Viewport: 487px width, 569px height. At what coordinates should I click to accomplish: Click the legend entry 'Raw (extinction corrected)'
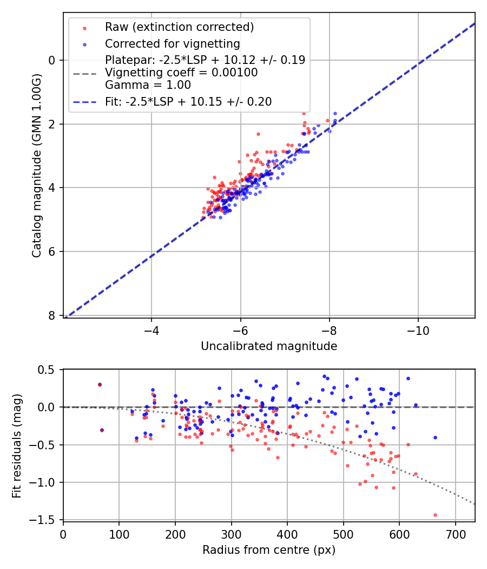click(179, 27)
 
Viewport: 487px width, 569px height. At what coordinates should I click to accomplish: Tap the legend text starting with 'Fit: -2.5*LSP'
click(188, 101)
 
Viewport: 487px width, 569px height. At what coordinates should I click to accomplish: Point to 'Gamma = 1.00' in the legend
click(148, 85)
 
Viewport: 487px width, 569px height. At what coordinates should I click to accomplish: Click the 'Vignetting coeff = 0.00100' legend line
click(181, 73)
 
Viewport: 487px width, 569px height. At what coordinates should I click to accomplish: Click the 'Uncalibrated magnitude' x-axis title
click(269, 346)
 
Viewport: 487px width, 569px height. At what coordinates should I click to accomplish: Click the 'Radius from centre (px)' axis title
click(269, 550)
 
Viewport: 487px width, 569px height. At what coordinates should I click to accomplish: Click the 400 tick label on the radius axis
click(287, 534)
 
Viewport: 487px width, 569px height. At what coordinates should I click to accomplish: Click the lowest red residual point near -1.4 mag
click(435, 515)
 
